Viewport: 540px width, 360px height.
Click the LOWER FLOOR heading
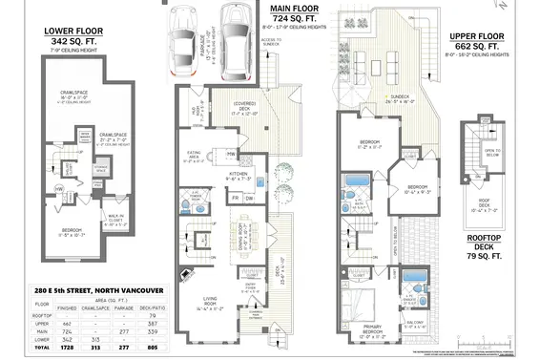73,31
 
